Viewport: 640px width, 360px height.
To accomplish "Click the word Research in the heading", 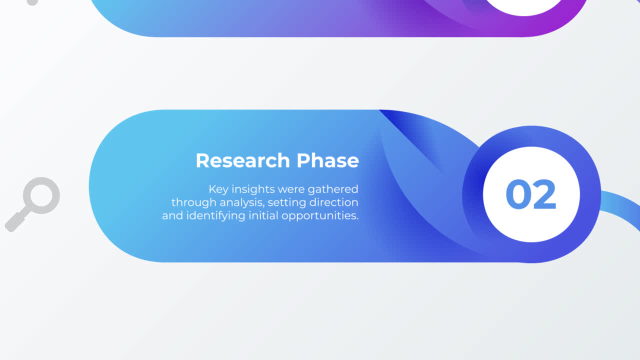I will tap(242, 160).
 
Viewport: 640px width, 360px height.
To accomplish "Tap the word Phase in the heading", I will tap(327, 160).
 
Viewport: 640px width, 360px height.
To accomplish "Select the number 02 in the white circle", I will tap(530, 194).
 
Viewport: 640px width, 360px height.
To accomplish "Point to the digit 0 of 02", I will tap(518, 194).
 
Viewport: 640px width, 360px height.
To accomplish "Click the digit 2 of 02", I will tap(544, 194).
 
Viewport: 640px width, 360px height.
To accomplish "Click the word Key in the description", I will tap(218, 189).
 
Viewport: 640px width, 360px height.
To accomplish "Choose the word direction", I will tap(333, 202).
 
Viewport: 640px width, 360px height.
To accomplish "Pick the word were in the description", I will tap(291, 189).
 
